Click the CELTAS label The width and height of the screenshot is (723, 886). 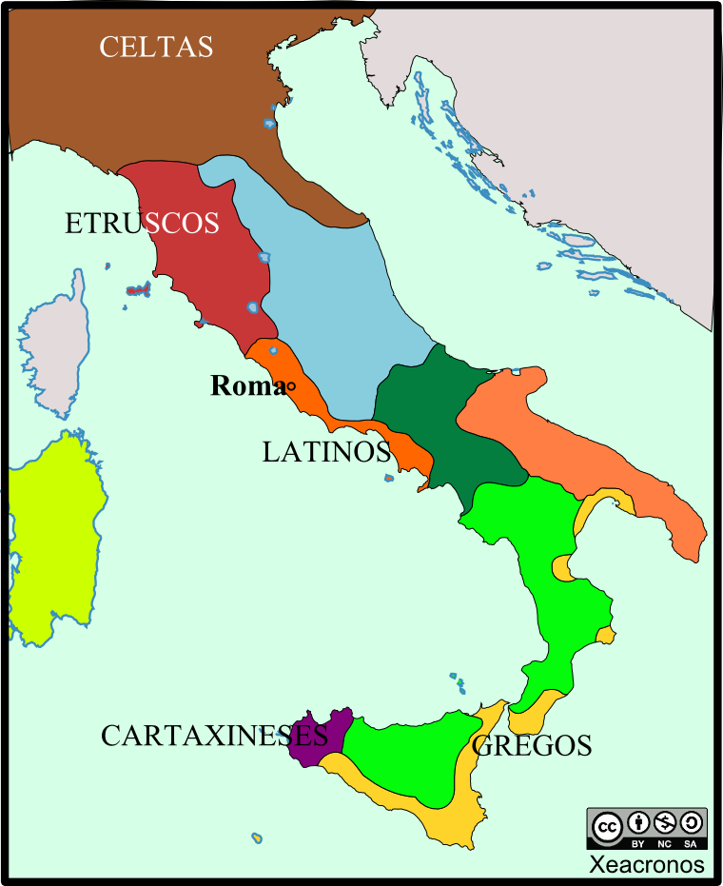point(156,47)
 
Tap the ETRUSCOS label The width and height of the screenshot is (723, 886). point(142,224)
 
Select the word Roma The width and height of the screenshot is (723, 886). point(246,385)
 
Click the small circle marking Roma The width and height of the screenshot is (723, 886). point(291,385)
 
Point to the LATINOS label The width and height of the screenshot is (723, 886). point(326,452)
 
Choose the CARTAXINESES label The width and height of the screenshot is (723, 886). point(214,736)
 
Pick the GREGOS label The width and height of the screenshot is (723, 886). point(532,745)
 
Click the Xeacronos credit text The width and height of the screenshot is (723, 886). point(646,865)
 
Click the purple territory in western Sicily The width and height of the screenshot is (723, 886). point(320,736)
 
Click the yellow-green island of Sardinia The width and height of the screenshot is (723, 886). point(52,542)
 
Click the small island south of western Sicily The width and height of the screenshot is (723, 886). point(256,837)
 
